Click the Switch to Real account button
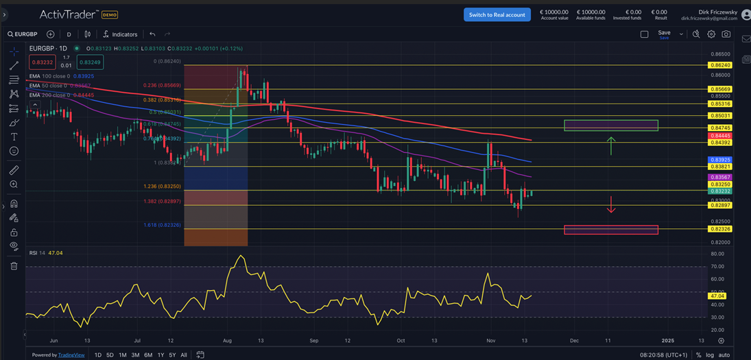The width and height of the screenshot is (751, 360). (497, 14)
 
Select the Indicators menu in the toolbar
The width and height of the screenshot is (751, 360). (120, 34)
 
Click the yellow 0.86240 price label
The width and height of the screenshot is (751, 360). (719, 65)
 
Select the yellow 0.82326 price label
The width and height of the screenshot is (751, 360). (719, 229)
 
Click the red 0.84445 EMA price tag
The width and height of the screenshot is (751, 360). (719, 136)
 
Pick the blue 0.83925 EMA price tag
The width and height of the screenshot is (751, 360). (719, 159)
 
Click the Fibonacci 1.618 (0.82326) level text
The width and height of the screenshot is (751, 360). (162, 225)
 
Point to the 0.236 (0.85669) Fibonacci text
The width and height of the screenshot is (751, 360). (162, 86)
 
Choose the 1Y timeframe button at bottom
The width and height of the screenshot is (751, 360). (160, 355)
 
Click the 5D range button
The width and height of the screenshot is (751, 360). (110, 355)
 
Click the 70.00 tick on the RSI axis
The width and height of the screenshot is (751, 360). (719, 266)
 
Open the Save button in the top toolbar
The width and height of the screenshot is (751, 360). (663, 33)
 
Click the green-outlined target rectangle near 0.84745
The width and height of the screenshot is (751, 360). (610, 125)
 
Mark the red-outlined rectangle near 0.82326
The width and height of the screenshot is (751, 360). (610, 230)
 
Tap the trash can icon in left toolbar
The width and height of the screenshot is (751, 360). (14, 266)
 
